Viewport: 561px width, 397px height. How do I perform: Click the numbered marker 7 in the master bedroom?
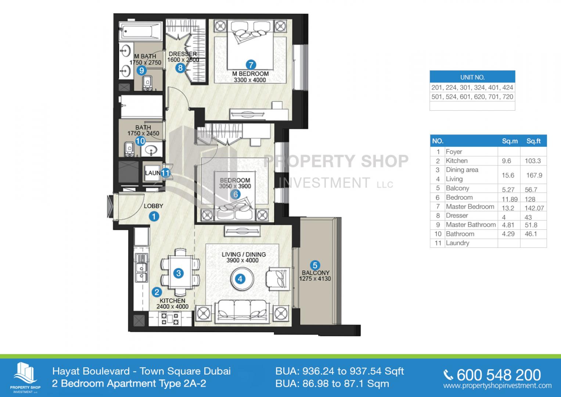click(251, 65)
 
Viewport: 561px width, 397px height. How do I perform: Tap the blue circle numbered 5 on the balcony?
click(315, 265)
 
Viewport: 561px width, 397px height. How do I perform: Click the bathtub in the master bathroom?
click(140, 31)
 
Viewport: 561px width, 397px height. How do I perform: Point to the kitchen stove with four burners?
click(170, 319)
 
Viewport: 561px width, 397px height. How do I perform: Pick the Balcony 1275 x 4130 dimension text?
click(315, 275)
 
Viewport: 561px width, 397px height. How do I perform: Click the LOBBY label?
click(153, 206)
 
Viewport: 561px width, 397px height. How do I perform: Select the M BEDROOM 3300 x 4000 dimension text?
click(250, 77)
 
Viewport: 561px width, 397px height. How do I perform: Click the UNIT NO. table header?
click(472, 77)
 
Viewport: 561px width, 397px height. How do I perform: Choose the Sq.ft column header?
click(533, 141)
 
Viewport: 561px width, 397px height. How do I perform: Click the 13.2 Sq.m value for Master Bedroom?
click(508, 208)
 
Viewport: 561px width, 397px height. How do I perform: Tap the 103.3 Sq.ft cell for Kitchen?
click(533, 161)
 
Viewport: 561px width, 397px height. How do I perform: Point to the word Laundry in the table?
click(457, 243)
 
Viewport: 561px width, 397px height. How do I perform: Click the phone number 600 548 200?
click(499, 375)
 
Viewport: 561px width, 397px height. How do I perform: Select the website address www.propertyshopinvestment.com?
click(497, 386)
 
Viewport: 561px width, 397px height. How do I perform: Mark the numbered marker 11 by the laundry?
click(165, 172)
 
